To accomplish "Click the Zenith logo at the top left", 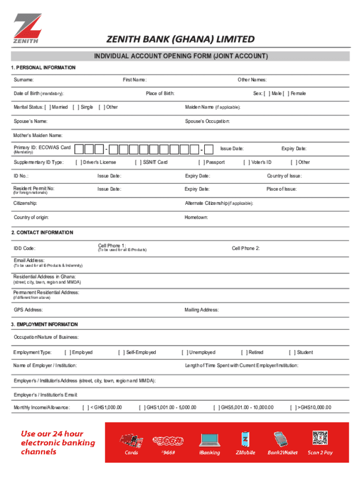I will (27, 29).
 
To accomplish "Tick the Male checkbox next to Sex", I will (267, 94).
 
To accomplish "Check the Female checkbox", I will (286, 94).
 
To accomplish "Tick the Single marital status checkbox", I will (76, 107).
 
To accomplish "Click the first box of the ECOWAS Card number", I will (80, 149).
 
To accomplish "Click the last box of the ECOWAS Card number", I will (209, 149).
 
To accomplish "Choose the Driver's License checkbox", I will (78, 162).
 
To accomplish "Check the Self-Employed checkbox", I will (122, 352).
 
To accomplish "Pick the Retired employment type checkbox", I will (244, 352).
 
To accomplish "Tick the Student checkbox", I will (292, 352).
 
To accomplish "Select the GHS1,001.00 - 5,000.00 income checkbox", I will (142, 407).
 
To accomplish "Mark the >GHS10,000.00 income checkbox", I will (293, 407).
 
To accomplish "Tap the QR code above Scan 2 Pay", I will (320, 438).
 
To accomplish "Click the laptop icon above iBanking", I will (209, 440).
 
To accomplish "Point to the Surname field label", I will (23, 80).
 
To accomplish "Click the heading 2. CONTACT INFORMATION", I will (42, 232).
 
